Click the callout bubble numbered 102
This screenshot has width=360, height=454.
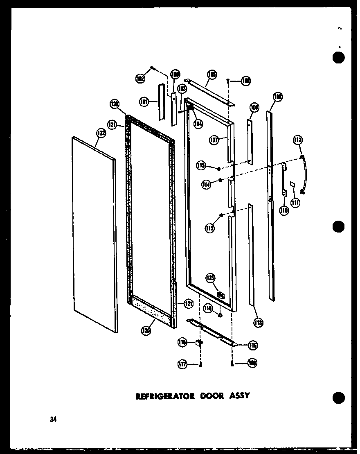[x=140, y=79]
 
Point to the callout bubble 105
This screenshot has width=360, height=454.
[x=212, y=75]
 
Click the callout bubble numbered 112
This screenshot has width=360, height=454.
[x=298, y=141]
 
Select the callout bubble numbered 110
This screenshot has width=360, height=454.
[x=284, y=210]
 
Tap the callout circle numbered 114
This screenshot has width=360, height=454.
[x=206, y=185]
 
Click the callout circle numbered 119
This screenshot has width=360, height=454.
[x=208, y=309]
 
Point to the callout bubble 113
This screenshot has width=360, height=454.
[x=258, y=322]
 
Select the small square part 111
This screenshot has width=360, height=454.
[x=292, y=184]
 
